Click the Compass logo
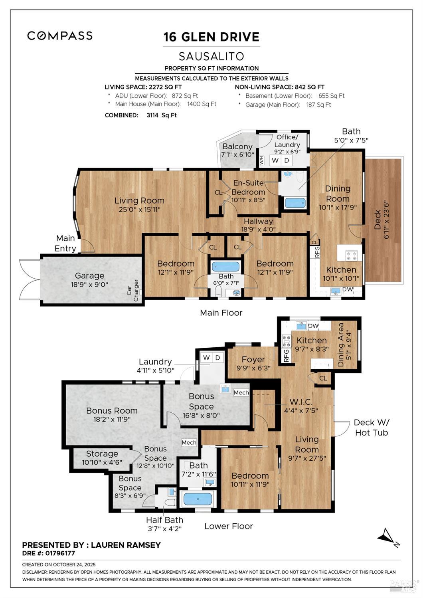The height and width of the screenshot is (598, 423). [60, 36]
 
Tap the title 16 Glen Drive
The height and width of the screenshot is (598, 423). [211, 37]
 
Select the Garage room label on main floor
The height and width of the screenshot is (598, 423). [89, 275]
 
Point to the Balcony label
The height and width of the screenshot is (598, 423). [237, 147]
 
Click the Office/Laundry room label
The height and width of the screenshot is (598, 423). [287, 141]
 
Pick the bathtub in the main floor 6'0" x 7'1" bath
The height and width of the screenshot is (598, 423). [225, 266]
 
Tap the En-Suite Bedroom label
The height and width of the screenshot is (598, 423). [249, 187]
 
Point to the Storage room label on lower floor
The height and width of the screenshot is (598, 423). [102, 454]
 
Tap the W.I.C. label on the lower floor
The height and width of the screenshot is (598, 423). [301, 402]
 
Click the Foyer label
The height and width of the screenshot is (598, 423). [253, 360]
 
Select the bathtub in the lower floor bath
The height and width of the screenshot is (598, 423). [198, 499]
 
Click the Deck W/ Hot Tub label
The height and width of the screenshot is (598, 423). [371, 427]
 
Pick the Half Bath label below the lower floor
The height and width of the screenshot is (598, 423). [164, 520]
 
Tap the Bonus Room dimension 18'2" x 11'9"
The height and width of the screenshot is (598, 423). [112, 419]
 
